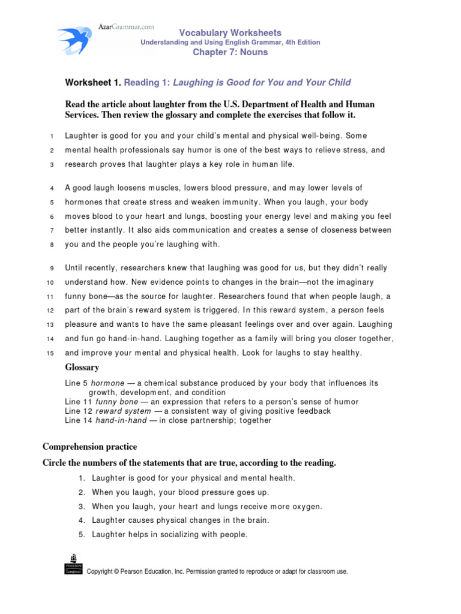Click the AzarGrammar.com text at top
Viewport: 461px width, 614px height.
coord(125,27)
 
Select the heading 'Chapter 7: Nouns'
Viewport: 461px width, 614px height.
coord(230,52)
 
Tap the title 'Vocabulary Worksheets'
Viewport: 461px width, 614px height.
coord(230,33)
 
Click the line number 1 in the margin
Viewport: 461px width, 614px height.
coord(52,137)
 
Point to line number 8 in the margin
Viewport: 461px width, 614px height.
coord(52,245)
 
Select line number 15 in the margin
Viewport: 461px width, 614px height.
coord(51,353)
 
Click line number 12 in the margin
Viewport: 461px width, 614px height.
coord(51,311)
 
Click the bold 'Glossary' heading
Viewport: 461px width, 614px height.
coord(82,367)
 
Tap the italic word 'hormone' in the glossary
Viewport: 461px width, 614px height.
coord(108,383)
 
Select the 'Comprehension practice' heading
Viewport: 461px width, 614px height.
coord(89,447)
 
